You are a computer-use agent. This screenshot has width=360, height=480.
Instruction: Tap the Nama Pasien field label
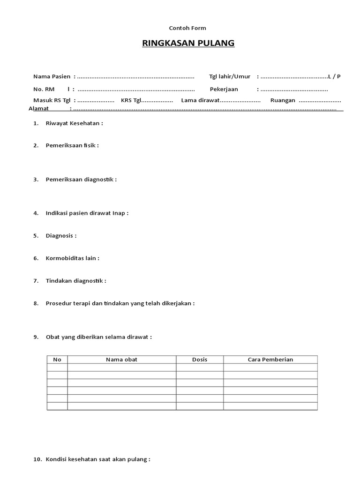point(52,76)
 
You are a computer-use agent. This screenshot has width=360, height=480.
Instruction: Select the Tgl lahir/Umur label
point(230,76)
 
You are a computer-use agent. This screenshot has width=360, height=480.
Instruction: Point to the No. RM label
point(44,89)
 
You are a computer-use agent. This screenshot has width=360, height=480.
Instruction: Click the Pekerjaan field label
point(224,89)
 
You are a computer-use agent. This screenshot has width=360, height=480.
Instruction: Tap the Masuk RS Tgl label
point(52,101)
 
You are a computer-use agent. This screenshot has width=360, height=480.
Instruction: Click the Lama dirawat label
point(201,101)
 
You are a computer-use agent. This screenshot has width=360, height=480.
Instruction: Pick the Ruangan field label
point(283,101)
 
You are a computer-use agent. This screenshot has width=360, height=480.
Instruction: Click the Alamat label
point(39,109)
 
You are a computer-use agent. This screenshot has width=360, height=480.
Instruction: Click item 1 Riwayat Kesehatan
point(74,124)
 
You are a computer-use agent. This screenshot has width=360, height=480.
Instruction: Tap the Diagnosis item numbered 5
point(61,236)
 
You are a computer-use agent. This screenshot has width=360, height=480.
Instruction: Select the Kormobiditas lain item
point(72,258)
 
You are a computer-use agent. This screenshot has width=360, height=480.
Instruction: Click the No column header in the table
point(57,360)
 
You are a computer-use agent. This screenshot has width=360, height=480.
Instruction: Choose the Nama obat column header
point(121,360)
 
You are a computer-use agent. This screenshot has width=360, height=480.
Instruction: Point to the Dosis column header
point(200,360)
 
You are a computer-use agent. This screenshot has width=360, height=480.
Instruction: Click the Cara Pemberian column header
point(270,360)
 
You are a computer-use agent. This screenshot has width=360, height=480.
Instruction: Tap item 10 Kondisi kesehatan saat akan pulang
point(97,460)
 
